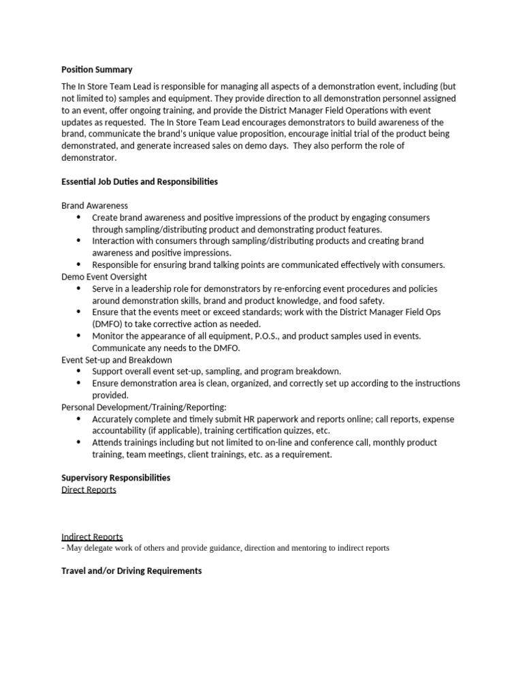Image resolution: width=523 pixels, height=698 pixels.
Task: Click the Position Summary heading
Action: [x=97, y=70]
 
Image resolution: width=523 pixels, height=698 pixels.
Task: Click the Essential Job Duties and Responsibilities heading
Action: [x=140, y=182]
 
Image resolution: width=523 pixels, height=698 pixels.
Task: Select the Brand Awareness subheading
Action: [x=95, y=205]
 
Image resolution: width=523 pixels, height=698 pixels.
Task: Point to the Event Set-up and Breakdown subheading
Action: [x=116, y=359]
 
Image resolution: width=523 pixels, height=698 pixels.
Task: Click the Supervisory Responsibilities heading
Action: [x=116, y=478]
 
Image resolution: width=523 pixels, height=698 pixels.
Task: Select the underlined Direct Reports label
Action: [x=89, y=490]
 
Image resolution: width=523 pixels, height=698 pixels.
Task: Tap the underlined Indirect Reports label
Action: [x=92, y=537]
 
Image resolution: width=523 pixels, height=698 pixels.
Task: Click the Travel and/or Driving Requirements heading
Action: [x=131, y=571]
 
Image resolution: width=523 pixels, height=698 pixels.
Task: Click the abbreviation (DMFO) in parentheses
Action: [x=111, y=324]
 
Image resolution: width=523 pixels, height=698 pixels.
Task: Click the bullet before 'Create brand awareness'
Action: [x=78, y=217]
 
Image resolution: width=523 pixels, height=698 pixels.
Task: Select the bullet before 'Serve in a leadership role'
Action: [x=78, y=289]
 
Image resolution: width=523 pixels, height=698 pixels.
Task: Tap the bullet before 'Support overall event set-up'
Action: [x=78, y=371]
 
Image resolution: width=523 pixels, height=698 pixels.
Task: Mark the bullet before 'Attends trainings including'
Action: [x=78, y=442]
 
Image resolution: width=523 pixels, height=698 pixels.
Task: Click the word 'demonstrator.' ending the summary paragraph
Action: [x=89, y=157]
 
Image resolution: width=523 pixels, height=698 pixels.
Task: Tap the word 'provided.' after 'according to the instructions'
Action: [x=110, y=395]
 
